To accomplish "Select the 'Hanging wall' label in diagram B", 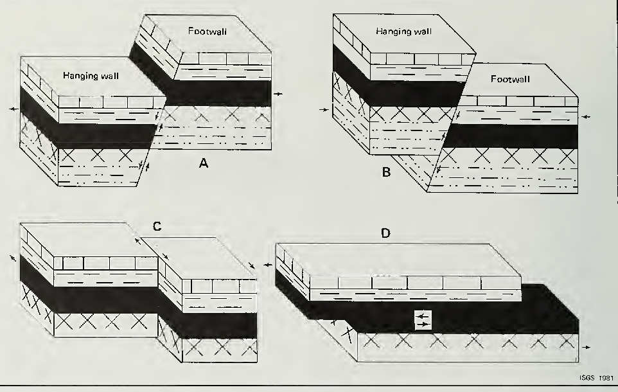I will [403, 31].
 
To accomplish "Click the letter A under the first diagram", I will [203, 163].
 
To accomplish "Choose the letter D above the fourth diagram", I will [385, 232].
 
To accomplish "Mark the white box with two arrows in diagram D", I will [422, 321].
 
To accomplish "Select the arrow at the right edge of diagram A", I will [277, 94].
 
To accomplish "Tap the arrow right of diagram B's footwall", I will [585, 117].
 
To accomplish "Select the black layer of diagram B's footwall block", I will [514, 136].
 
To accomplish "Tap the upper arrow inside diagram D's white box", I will [421, 316].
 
